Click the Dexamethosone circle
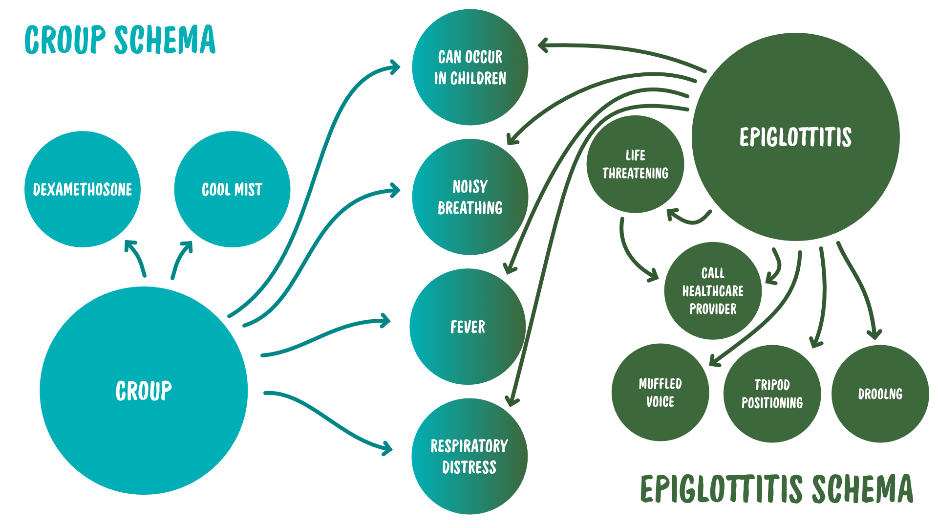[83, 189]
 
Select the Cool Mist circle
[232, 189]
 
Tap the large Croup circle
[144, 391]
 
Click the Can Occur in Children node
[470, 67]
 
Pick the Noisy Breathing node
[470, 197]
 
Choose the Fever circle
[468, 327]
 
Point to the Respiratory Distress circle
[469, 456]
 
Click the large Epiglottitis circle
[795, 137]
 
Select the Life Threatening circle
[635, 164]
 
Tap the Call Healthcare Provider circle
[713, 291]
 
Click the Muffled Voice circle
[660, 393]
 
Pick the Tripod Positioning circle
[772, 394]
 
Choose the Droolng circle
[880, 394]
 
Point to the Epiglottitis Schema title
[776, 488]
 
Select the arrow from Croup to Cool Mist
[180, 259]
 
